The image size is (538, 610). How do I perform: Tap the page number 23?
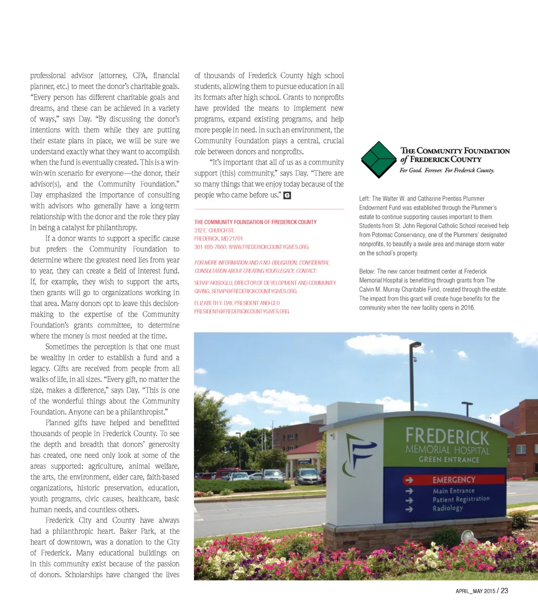coord(504,591)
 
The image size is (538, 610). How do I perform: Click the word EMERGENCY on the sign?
coord(454,480)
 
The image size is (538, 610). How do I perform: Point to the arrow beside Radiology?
coord(409,509)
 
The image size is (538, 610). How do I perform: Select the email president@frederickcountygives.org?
coord(242,311)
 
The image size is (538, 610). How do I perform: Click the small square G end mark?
coord(287,195)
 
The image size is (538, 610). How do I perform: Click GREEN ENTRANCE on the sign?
coord(449,460)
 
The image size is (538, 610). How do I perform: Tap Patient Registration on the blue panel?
coord(461,499)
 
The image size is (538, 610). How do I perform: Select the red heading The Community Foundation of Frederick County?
coord(255,222)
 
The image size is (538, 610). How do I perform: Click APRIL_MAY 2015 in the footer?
coord(474,591)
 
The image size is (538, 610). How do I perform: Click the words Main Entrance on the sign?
coord(453,491)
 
